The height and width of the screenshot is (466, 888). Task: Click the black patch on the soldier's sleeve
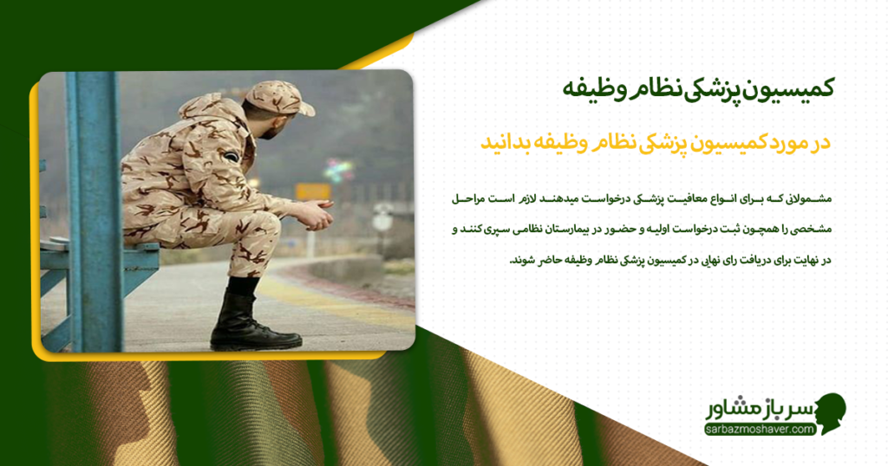[231, 157]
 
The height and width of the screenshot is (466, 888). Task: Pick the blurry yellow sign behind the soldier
[312, 191]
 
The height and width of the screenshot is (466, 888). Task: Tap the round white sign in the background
[382, 221]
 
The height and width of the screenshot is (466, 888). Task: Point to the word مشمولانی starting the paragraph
[806, 199]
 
